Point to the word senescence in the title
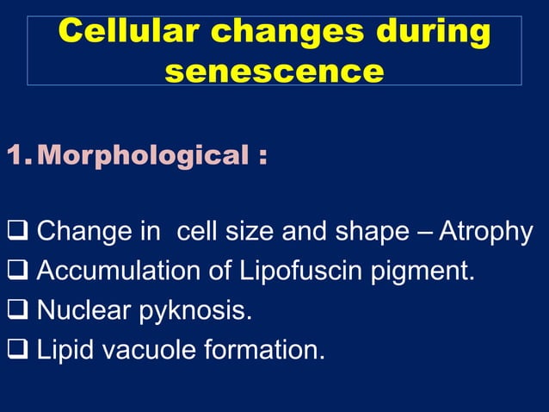274,71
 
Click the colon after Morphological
260,158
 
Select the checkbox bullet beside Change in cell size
18,232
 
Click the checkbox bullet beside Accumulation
18,272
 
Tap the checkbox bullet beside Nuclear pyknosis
18,311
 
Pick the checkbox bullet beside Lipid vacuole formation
18,351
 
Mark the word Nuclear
82,311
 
